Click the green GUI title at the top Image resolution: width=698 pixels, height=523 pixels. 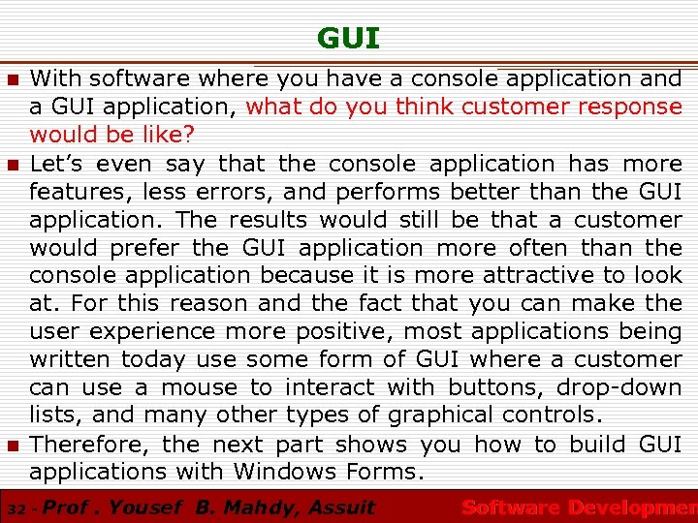[x=348, y=39]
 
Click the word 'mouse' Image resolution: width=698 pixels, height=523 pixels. [x=199, y=388]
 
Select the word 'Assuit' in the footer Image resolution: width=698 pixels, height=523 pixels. [x=341, y=508]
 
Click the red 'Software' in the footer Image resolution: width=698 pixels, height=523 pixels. [x=510, y=508]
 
